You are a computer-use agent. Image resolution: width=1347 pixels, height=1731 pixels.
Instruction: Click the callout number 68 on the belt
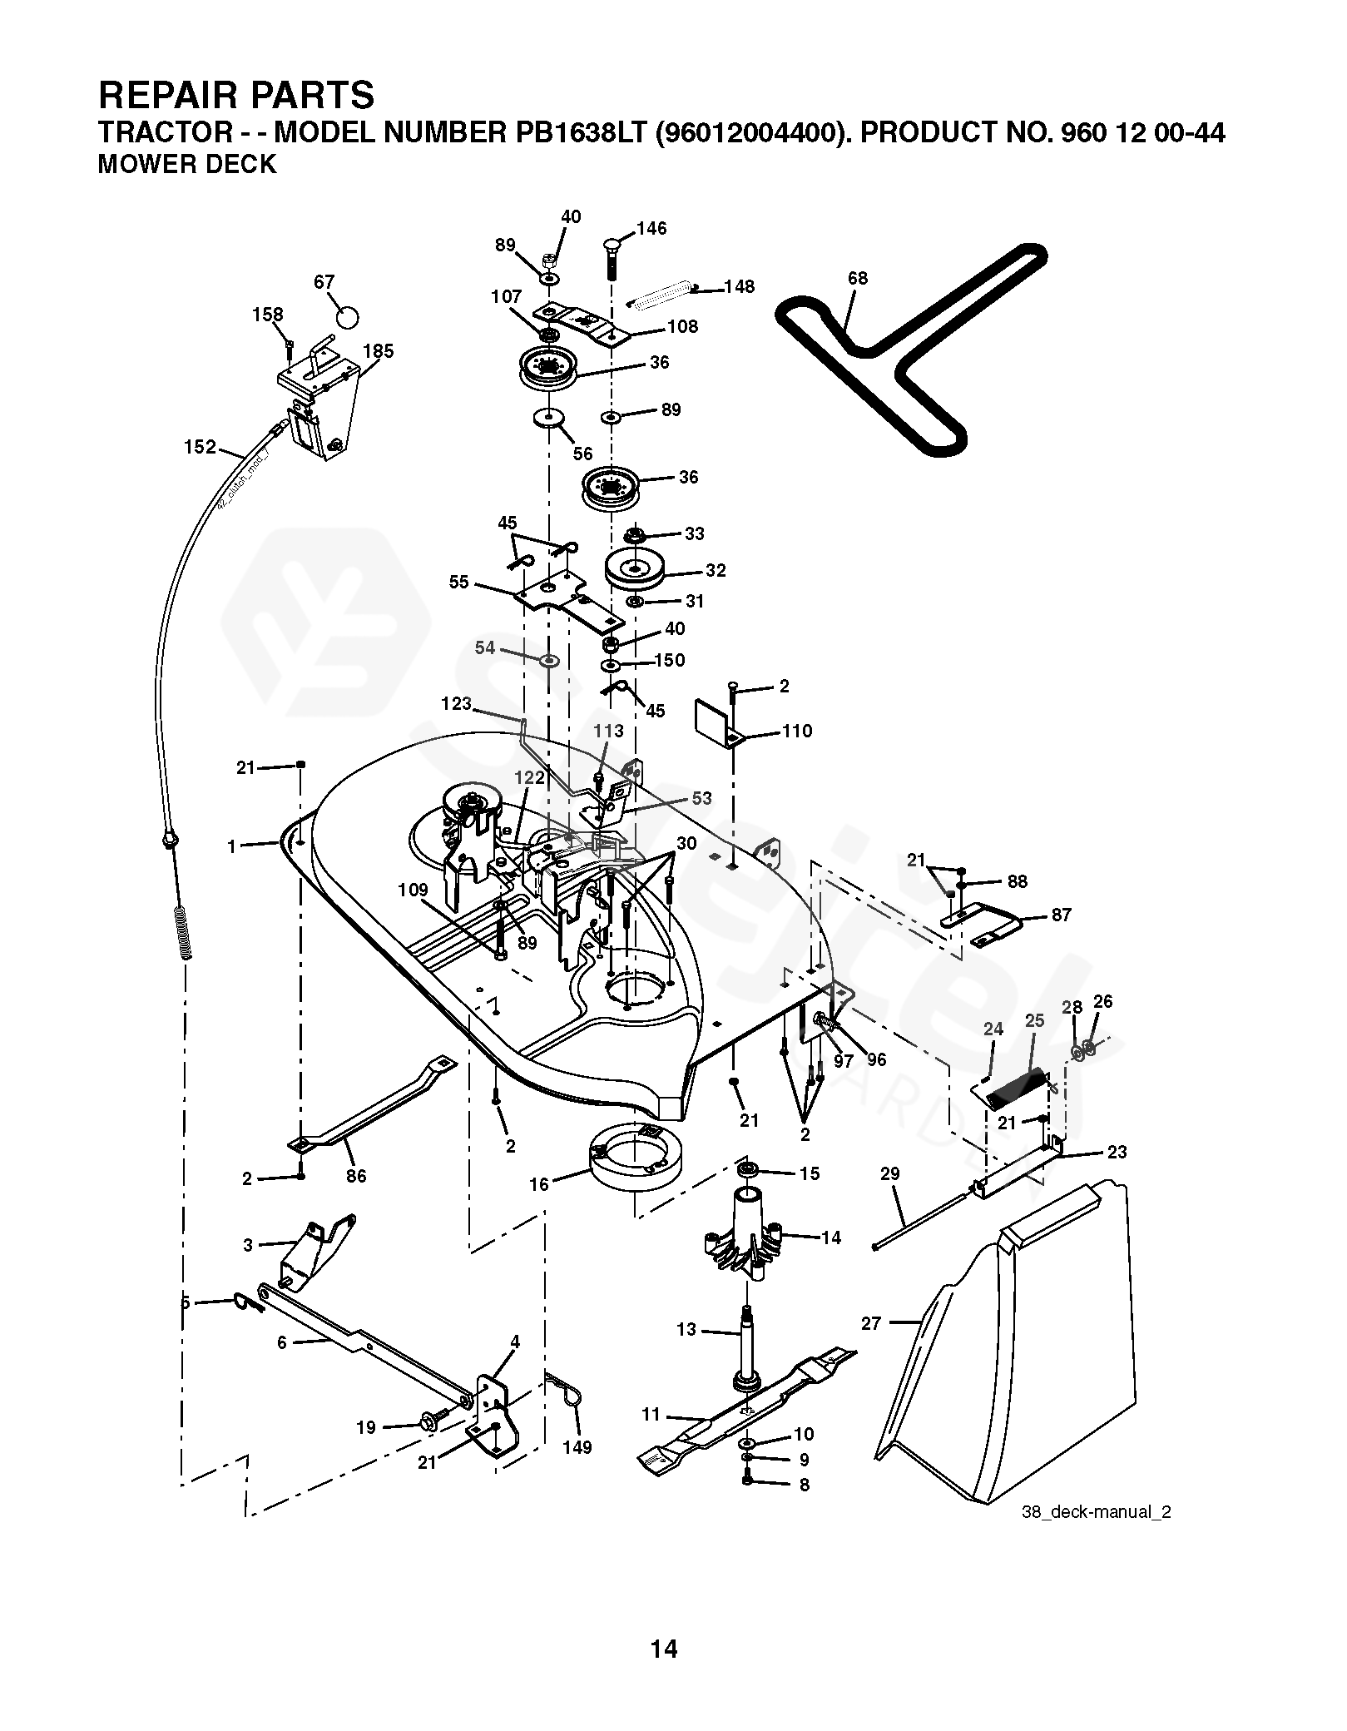[x=857, y=278]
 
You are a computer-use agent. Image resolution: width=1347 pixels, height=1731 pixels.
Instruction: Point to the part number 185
[x=379, y=351]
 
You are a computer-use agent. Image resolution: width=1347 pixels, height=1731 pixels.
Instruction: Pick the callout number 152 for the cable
[x=200, y=447]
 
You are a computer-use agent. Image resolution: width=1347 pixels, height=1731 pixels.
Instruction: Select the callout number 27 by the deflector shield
[x=870, y=1323]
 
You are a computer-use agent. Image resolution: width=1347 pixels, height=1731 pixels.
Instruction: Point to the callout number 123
[x=456, y=704]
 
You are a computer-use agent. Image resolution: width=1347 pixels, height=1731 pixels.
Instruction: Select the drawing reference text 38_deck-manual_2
[x=1096, y=1512]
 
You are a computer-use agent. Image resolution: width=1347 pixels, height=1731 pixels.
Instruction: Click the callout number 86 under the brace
[x=356, y=1176]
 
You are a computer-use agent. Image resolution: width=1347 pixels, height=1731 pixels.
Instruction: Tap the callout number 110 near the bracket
[x=797, y=731]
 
